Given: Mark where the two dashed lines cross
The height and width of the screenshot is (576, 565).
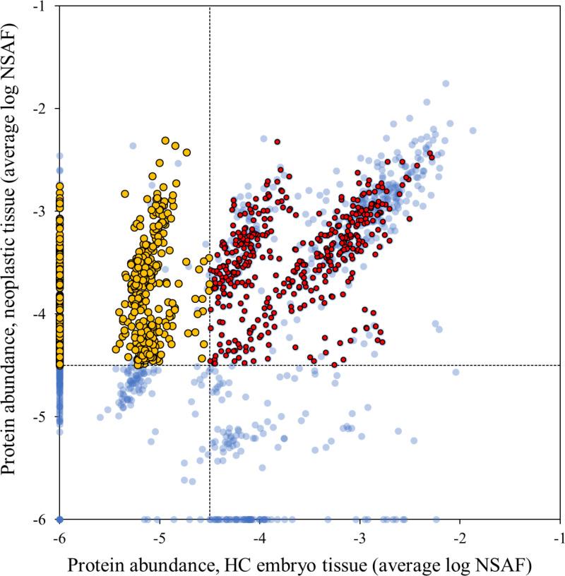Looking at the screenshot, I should coord(210,365).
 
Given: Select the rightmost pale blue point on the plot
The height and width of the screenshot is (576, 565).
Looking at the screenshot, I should coord(473,131).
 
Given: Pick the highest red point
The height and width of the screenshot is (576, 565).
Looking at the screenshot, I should coord(278,142).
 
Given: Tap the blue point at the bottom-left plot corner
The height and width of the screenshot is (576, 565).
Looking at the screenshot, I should coord(60,520).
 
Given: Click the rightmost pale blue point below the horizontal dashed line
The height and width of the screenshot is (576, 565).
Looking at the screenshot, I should coord(456,372).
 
